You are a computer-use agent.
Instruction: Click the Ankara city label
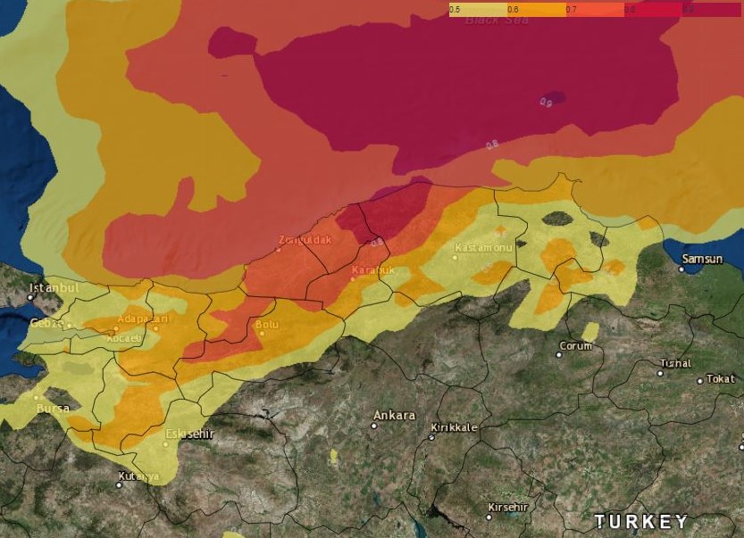tap(394, 415)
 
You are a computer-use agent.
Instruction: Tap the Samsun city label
tap(702, 259)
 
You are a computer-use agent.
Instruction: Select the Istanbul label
tap(54, 288)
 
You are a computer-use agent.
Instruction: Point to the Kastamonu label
tap(483, 246)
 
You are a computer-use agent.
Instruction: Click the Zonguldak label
tap(305, 240)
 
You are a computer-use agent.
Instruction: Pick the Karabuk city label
tap(372, 269)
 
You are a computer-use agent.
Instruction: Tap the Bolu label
tap(267, 325)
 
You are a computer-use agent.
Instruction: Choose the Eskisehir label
tap(189, 434)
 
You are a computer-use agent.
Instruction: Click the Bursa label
tap(53, 408)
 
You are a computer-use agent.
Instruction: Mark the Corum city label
tap(575, 345)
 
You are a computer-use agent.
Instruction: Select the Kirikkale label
tap(454, 427)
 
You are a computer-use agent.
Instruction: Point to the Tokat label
tap(720, 378)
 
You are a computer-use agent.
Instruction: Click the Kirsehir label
tap(507, 507)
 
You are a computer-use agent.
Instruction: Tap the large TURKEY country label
tap(641, 521)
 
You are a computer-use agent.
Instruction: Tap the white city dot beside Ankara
tap(374, 426)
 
